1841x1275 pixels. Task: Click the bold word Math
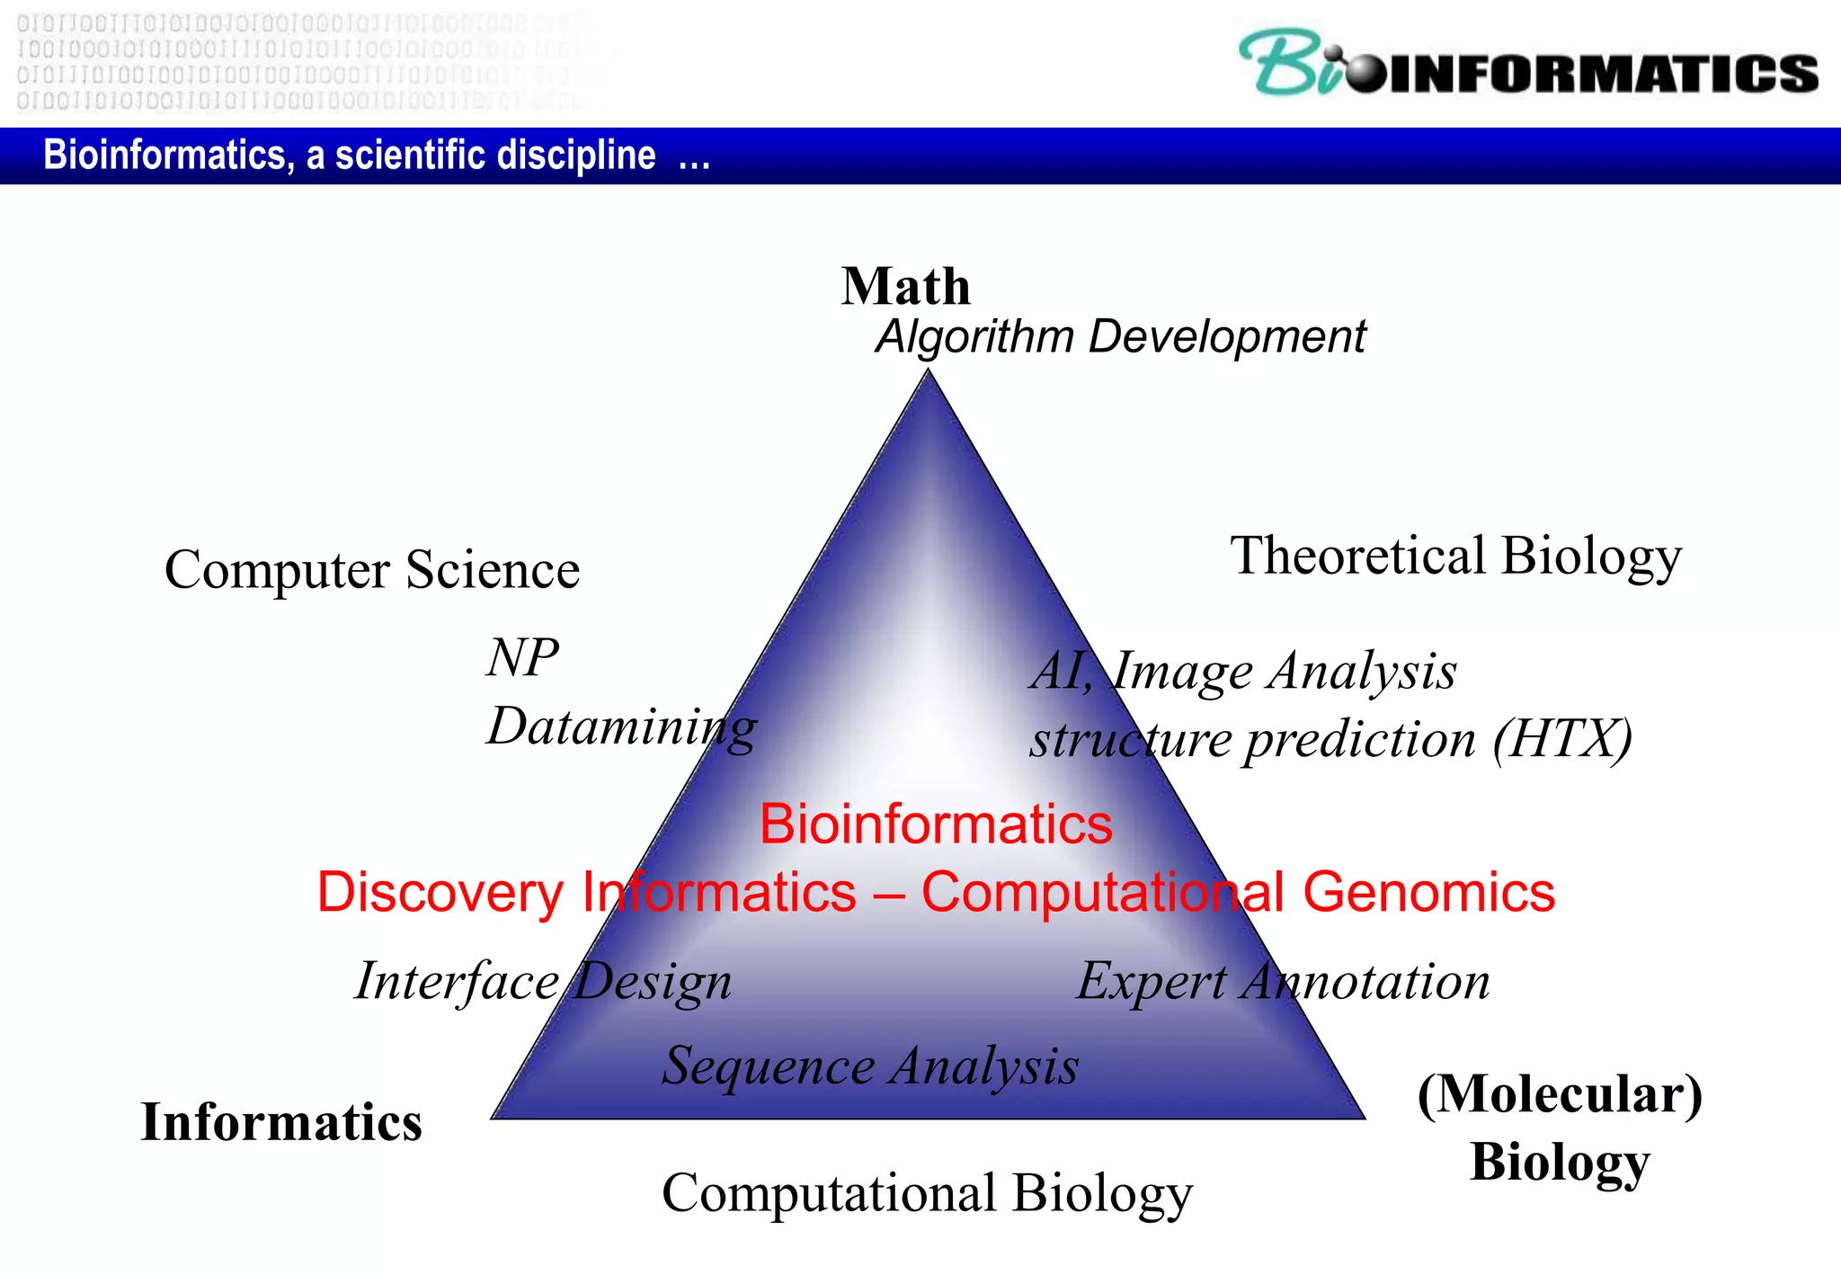pos(905,287)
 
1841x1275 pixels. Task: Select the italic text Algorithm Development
pos(1120,337)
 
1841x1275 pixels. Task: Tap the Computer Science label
pos(372,570)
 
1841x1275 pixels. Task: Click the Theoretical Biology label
pos(1455,556)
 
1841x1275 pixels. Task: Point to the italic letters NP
pos(522,657)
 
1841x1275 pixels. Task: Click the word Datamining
pos(621,727)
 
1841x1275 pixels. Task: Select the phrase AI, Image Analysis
pos(1243,672)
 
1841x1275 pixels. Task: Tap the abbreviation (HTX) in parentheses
pos(1562,739)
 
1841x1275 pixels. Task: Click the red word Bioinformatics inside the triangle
pos(936,824)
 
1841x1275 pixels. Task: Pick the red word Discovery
pos(440,893)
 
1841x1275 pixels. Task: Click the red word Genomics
pos(1428,893)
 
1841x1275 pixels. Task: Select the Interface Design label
pos(543,981)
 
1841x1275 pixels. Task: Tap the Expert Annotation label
pos(1283,981)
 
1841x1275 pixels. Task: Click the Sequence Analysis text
pos(870,1066)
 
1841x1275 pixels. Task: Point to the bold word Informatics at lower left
pos(281,1122)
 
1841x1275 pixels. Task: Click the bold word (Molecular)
pos(1560,1094)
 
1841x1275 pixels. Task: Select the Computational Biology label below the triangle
pos(927,1194)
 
